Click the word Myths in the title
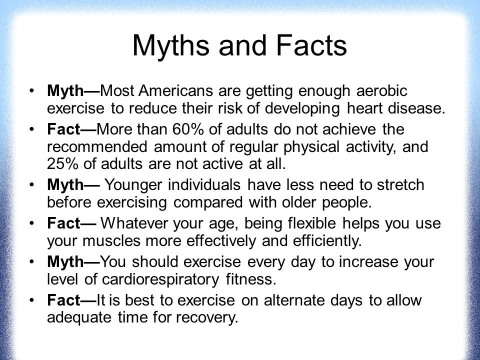[171, 46]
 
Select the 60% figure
[187, 129]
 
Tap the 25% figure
[62, 164]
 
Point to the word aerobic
[381, 91]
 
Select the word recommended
[97, 146]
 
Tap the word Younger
[133, 185]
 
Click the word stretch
[400, 185]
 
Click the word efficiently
[327, 241]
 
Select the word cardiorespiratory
[160, 279]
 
